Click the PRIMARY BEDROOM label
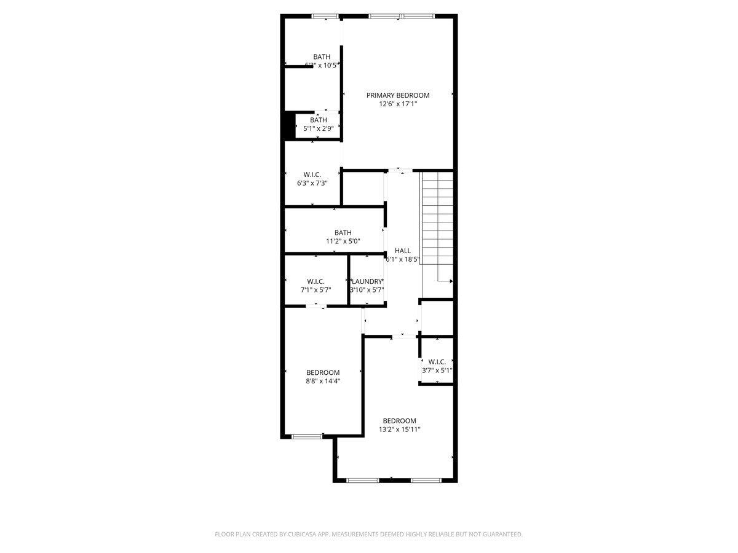(x=398, y=95)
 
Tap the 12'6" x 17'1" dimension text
(x=398, y=104)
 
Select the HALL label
(x=403, y=251)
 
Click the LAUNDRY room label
(x=367, y=281)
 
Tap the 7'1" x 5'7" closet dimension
(x=315, y=290)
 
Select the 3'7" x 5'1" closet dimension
(x=437, y=371)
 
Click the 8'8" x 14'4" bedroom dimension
(x=323, y=381)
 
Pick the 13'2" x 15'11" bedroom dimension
(x=399, y=429)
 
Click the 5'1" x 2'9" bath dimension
(x=319, y=128)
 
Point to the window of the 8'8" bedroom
(x=307, y=436)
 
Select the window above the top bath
(x=325, y=16)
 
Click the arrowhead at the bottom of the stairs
(x=451, y=281)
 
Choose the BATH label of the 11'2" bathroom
(x=343, y=232)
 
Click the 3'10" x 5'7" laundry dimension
(x=367, y=290)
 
